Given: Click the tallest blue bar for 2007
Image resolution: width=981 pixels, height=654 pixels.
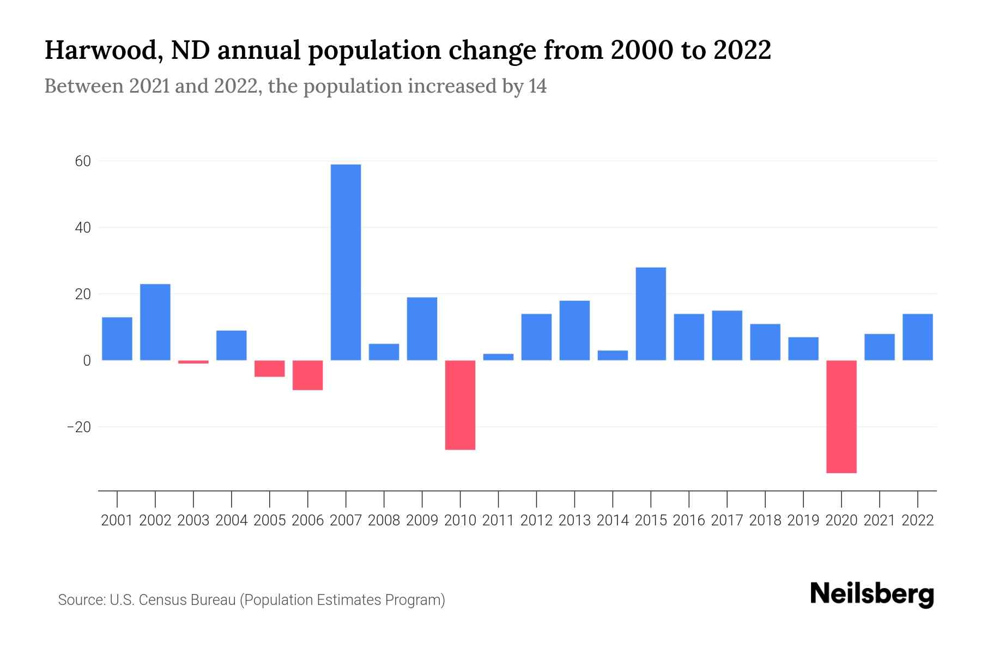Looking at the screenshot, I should pos(346,262).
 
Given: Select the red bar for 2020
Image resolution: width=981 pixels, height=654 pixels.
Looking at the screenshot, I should pos(841,416).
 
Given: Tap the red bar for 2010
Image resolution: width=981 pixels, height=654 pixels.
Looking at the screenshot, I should pos(460,404).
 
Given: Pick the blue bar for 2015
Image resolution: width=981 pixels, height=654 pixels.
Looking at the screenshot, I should pos(651,313).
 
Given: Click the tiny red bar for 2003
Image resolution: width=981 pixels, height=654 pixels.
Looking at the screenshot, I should pos(193,362).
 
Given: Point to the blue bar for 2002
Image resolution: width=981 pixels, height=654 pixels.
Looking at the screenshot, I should pos(155,322).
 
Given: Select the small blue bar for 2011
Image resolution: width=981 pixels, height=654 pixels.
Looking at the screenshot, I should pos(498,357).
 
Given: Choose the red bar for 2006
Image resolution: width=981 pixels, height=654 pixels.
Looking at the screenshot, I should pos(308,375).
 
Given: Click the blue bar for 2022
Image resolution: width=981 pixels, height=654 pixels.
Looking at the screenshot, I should pos(917,337).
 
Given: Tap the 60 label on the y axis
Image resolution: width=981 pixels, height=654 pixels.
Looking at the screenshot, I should pos(83,161).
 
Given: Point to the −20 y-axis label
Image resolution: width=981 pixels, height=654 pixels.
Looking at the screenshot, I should pos(78,427).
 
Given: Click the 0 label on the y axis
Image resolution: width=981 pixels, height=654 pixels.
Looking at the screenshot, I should pos(87,361).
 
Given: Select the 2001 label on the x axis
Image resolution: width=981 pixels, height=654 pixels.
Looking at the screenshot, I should pos(117,520).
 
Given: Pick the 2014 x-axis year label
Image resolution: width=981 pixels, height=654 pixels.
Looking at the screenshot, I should pos(613,520).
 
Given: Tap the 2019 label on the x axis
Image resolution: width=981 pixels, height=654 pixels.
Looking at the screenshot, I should pos(803,520).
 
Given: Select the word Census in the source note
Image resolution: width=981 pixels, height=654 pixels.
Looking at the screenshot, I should pos(159,600).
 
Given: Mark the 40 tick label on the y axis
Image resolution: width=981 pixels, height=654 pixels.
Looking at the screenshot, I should pos(83,228).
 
